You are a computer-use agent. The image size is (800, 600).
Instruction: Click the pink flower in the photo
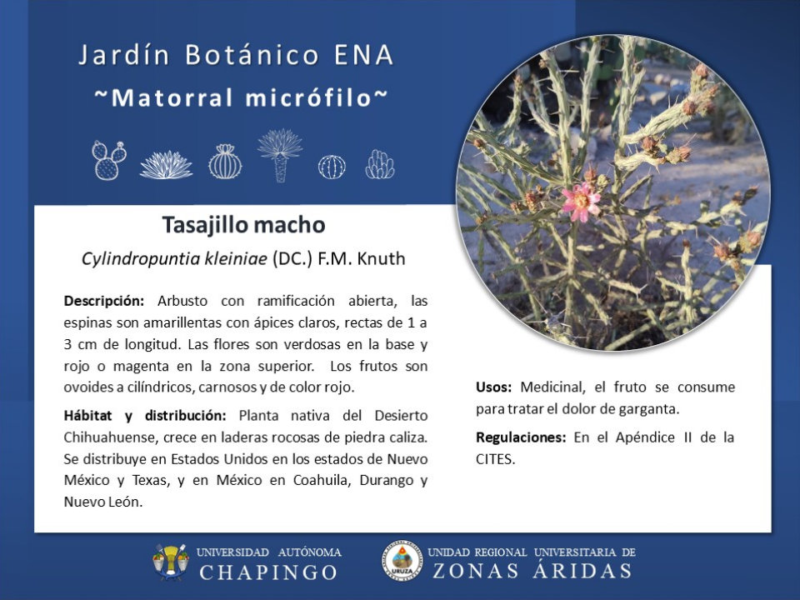(x=581, y=202)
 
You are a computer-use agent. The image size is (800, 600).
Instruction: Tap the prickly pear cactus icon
(x=109, y=160)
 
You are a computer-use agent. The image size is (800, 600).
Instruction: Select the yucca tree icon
(x=280, y=155)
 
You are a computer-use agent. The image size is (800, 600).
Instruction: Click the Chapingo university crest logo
(x=170, y=562)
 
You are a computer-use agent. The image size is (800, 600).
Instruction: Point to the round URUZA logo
(x=402, y=562)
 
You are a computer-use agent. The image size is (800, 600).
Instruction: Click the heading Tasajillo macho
(x=244, y=224)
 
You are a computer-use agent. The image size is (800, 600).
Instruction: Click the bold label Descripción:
(x=104, y=301)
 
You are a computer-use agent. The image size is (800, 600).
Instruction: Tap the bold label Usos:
(x=493, y=387)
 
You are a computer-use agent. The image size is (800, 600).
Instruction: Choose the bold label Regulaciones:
(x=520, y=437)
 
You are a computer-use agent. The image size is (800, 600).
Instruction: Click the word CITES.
(x=494, y=459)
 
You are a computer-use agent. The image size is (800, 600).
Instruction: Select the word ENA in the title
(x=364, y=55)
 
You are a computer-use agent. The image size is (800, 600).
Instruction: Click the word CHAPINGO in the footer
(x=268, y=572)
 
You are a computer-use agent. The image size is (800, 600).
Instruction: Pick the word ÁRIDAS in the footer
(x=582, y=570)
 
